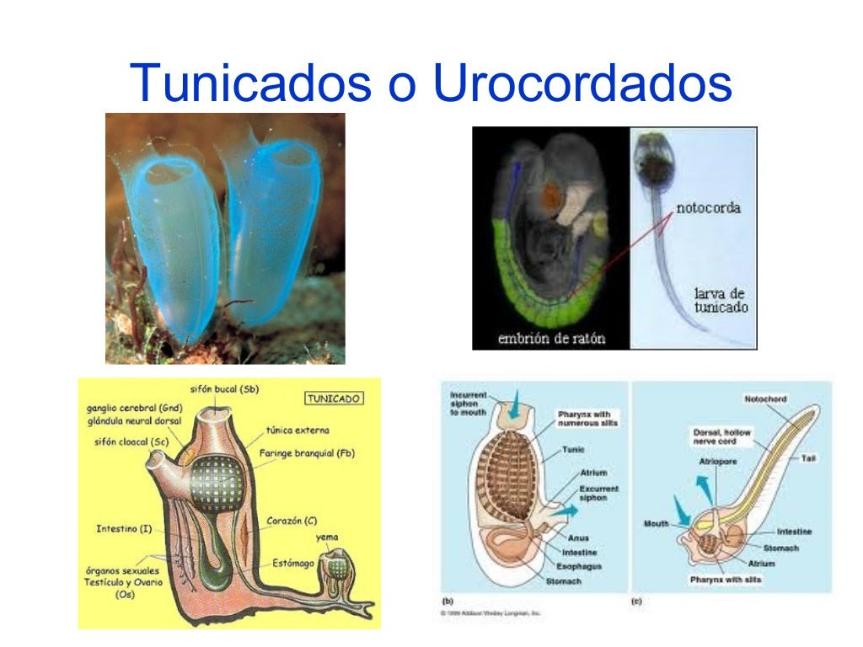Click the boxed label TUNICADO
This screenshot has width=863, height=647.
click(x=333, y=398)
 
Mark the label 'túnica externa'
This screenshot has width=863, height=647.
click(x=297, y=430)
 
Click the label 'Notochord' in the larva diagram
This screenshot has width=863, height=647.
click(x=765, y=398)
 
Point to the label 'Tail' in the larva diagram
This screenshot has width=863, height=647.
click(x=810, y=457)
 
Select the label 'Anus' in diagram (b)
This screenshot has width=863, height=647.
click(x=578, y=537)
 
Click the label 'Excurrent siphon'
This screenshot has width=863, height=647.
click(x=598, y=493)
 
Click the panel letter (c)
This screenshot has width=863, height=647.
click(x=637, y=602)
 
